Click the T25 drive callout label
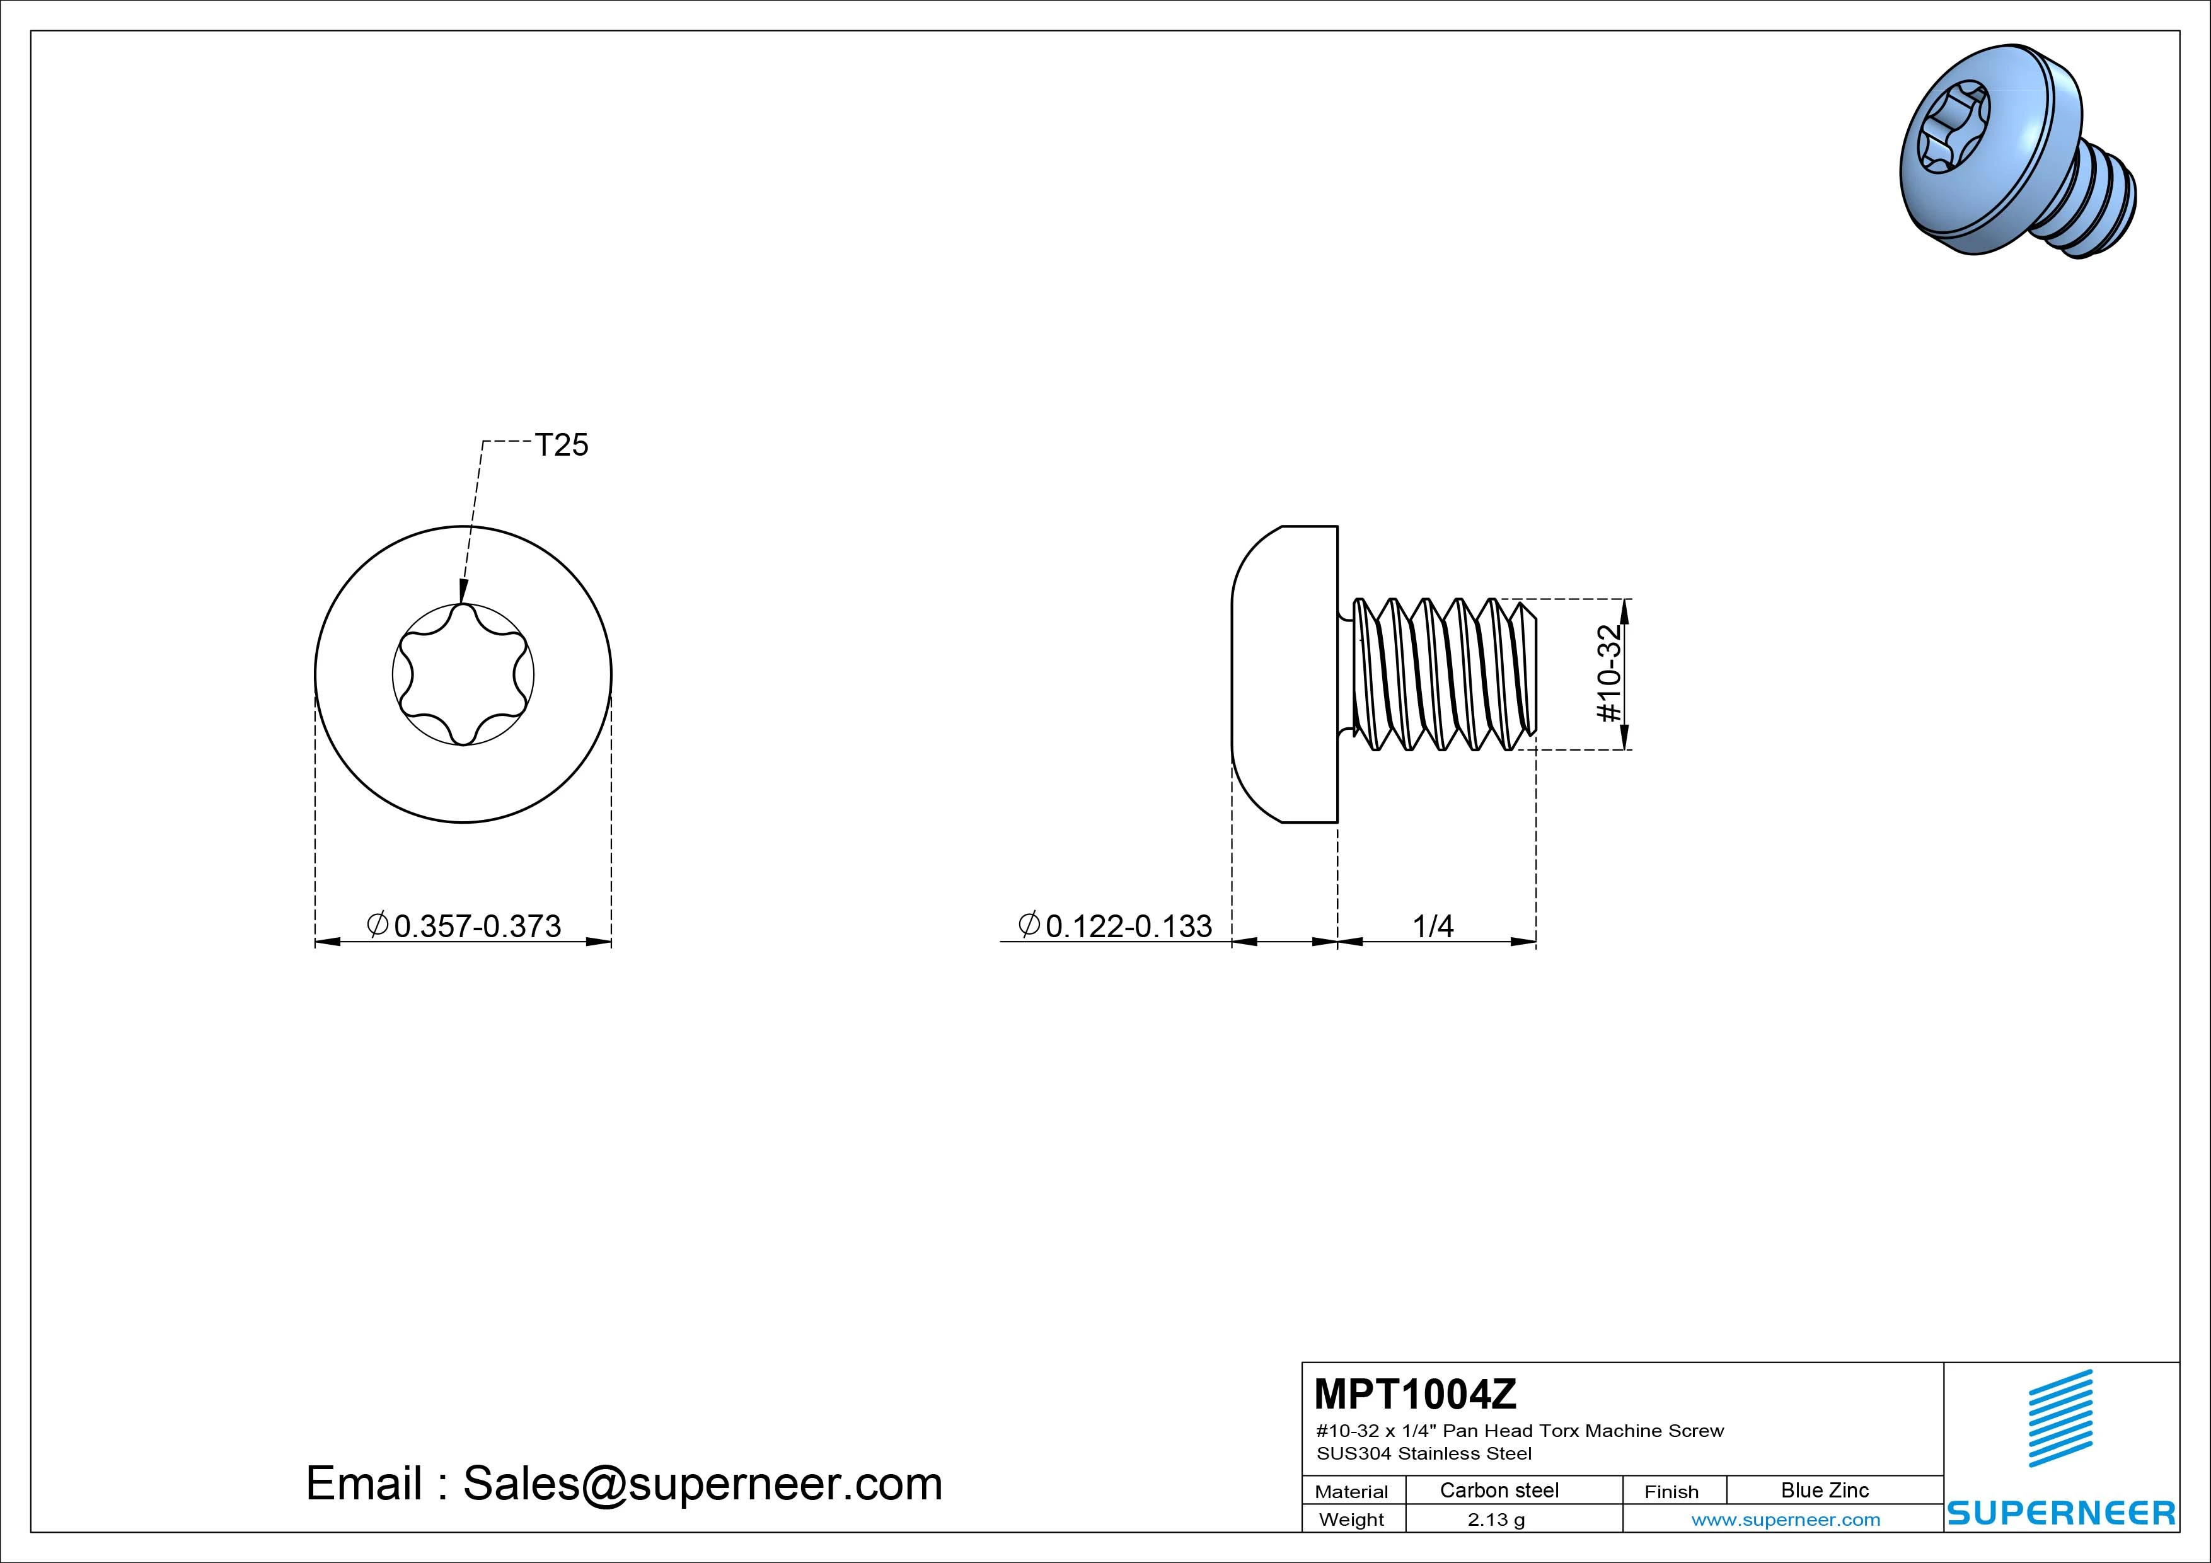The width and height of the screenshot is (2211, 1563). pyautogui.click(x=562, y=445)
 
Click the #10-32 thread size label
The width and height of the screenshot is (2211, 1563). pyautogui.click(x=1609, y=674)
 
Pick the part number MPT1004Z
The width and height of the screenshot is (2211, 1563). pyautogui.click(x=1414, y=1393)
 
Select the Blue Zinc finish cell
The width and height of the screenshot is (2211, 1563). pyautogui.click(x=1825, y=1491)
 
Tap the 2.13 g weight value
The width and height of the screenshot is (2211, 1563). pyautogui.click(x=1496, y=1520)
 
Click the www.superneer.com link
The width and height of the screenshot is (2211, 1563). pyautogui.click(x=1786, y=1520)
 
